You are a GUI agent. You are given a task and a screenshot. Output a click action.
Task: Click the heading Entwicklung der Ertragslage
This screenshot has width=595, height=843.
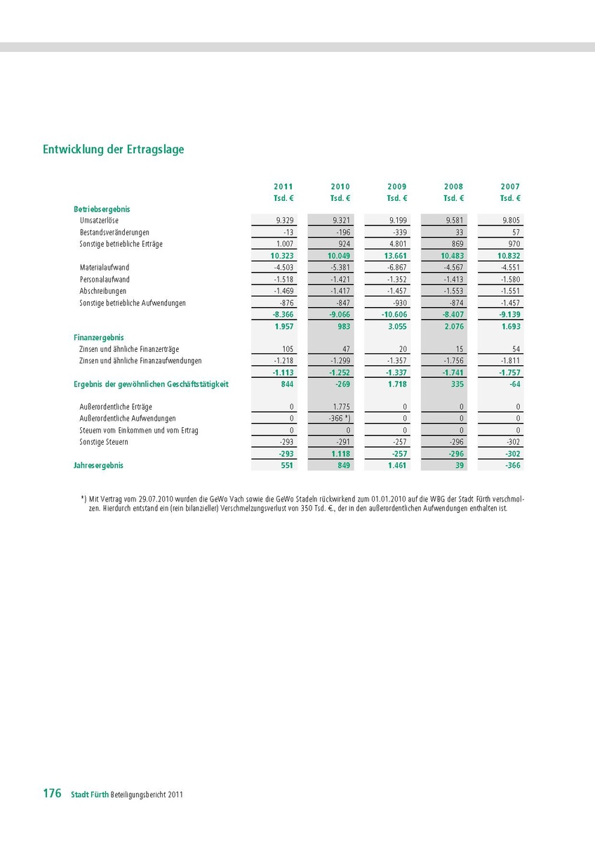tap(113, 150)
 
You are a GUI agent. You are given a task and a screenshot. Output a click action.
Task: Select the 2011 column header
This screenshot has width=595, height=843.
tap(283, 187)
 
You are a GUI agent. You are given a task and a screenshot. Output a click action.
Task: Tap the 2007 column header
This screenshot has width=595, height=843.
tap(510, 187)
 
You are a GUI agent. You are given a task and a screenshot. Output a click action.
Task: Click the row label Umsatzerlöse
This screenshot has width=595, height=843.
tap(99, 221)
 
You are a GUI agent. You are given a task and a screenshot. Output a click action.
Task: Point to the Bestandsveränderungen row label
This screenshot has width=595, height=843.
tap(114, 233)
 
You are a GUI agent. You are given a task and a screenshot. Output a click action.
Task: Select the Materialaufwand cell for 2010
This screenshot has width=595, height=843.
tap(340, 268)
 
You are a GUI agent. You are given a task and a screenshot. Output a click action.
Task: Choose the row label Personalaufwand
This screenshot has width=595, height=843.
tap(105, 280)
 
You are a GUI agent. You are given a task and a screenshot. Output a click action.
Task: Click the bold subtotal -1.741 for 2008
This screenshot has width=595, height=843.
tap(453, 373)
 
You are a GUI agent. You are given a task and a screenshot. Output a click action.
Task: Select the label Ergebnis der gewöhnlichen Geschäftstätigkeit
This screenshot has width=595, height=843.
tap(151, 384)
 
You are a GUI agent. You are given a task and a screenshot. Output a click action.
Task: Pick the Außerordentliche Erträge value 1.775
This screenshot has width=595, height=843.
tap(340, 407)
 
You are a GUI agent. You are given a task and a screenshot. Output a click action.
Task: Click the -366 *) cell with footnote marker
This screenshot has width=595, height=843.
tap(340, 419)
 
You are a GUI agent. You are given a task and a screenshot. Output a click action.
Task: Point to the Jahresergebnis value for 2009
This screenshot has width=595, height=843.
tap(396, 465)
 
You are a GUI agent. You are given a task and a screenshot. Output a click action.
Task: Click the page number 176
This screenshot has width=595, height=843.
tap(52, 793)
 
